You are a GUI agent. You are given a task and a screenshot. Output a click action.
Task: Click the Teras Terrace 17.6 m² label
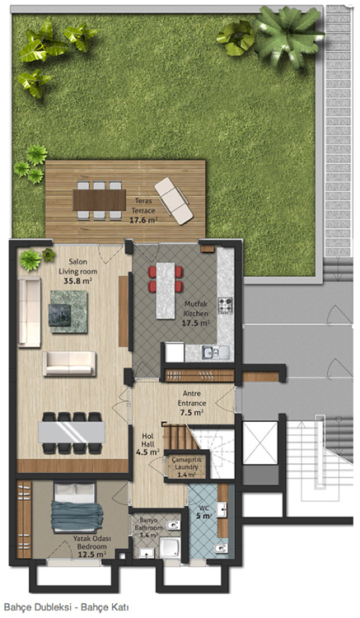(x=143, y=210)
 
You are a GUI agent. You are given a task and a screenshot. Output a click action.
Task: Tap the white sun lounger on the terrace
(x=174, y=201)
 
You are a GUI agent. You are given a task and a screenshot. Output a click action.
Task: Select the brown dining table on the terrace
(x=99, y=200)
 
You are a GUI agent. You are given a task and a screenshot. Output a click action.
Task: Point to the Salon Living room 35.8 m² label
(x=77, y=271)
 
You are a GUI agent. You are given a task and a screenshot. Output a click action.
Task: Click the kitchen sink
(x=215, y=352)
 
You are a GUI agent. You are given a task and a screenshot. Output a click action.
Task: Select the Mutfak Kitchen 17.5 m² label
(x=196, y=314)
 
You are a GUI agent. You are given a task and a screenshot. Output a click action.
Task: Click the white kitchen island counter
(x=166, y=290)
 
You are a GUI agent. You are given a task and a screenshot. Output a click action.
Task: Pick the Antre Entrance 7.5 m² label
(x=191, y=403)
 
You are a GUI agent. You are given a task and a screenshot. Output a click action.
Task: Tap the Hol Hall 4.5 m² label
(x=147, y=444)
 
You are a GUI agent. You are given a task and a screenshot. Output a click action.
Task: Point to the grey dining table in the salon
(x=72, y=432)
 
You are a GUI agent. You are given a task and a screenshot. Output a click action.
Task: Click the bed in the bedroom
(x=77, y=508)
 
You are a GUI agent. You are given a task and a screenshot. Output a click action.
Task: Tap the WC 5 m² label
(x=205, y=513)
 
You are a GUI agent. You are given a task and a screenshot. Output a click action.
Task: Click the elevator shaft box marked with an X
(x=260, y=442)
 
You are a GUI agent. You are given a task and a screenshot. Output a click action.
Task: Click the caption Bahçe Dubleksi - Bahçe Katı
(x=66, y=607)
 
